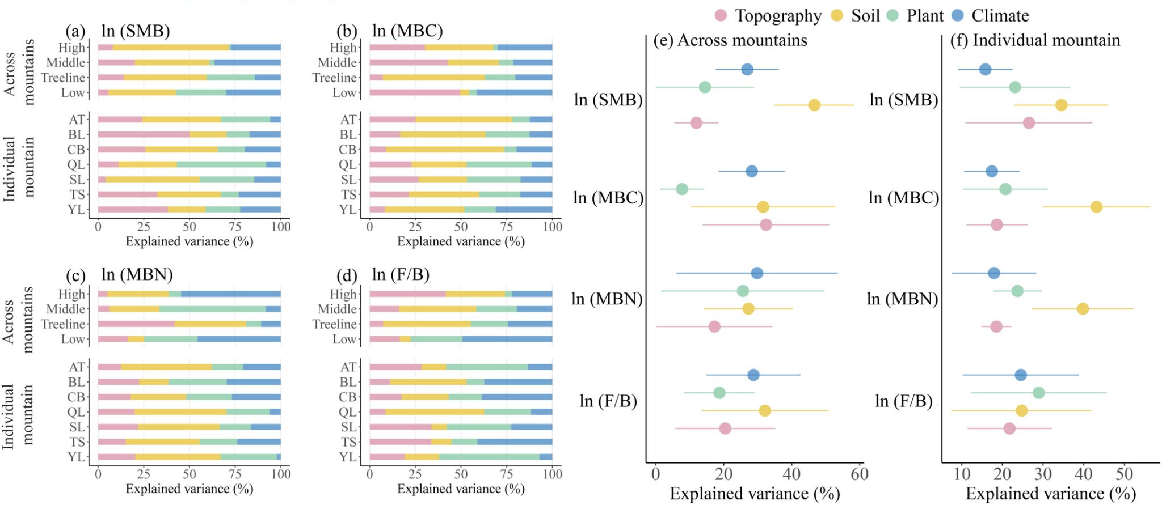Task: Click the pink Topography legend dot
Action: coord(721,16)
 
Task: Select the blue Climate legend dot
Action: coord(958,16)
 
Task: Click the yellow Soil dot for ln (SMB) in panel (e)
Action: coord(814,105)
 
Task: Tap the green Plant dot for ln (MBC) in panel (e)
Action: coord(682,189)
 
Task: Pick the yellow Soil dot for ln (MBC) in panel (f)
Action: coord(1096,207)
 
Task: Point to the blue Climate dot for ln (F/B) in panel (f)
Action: coord(1020,375)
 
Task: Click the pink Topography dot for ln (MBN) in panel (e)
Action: coord(714,326)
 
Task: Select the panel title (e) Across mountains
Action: coord(730,40)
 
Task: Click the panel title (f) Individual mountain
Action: coord(1035,40)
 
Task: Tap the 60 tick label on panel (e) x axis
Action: coord(860,474)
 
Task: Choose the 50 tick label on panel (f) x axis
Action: coord(1124,474)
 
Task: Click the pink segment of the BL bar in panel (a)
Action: coord(144,134)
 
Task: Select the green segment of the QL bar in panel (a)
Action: coord(221,164)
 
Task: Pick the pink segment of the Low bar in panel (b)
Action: coord(414,92)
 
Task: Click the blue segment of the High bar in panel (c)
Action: coord(231,294)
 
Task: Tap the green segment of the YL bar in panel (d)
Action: coord(489,457)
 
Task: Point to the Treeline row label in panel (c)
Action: coord(63,324)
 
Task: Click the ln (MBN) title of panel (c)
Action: coord(137,275)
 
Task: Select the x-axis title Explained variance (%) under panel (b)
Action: coord(461,241)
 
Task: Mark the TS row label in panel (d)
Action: coord(348,442)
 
